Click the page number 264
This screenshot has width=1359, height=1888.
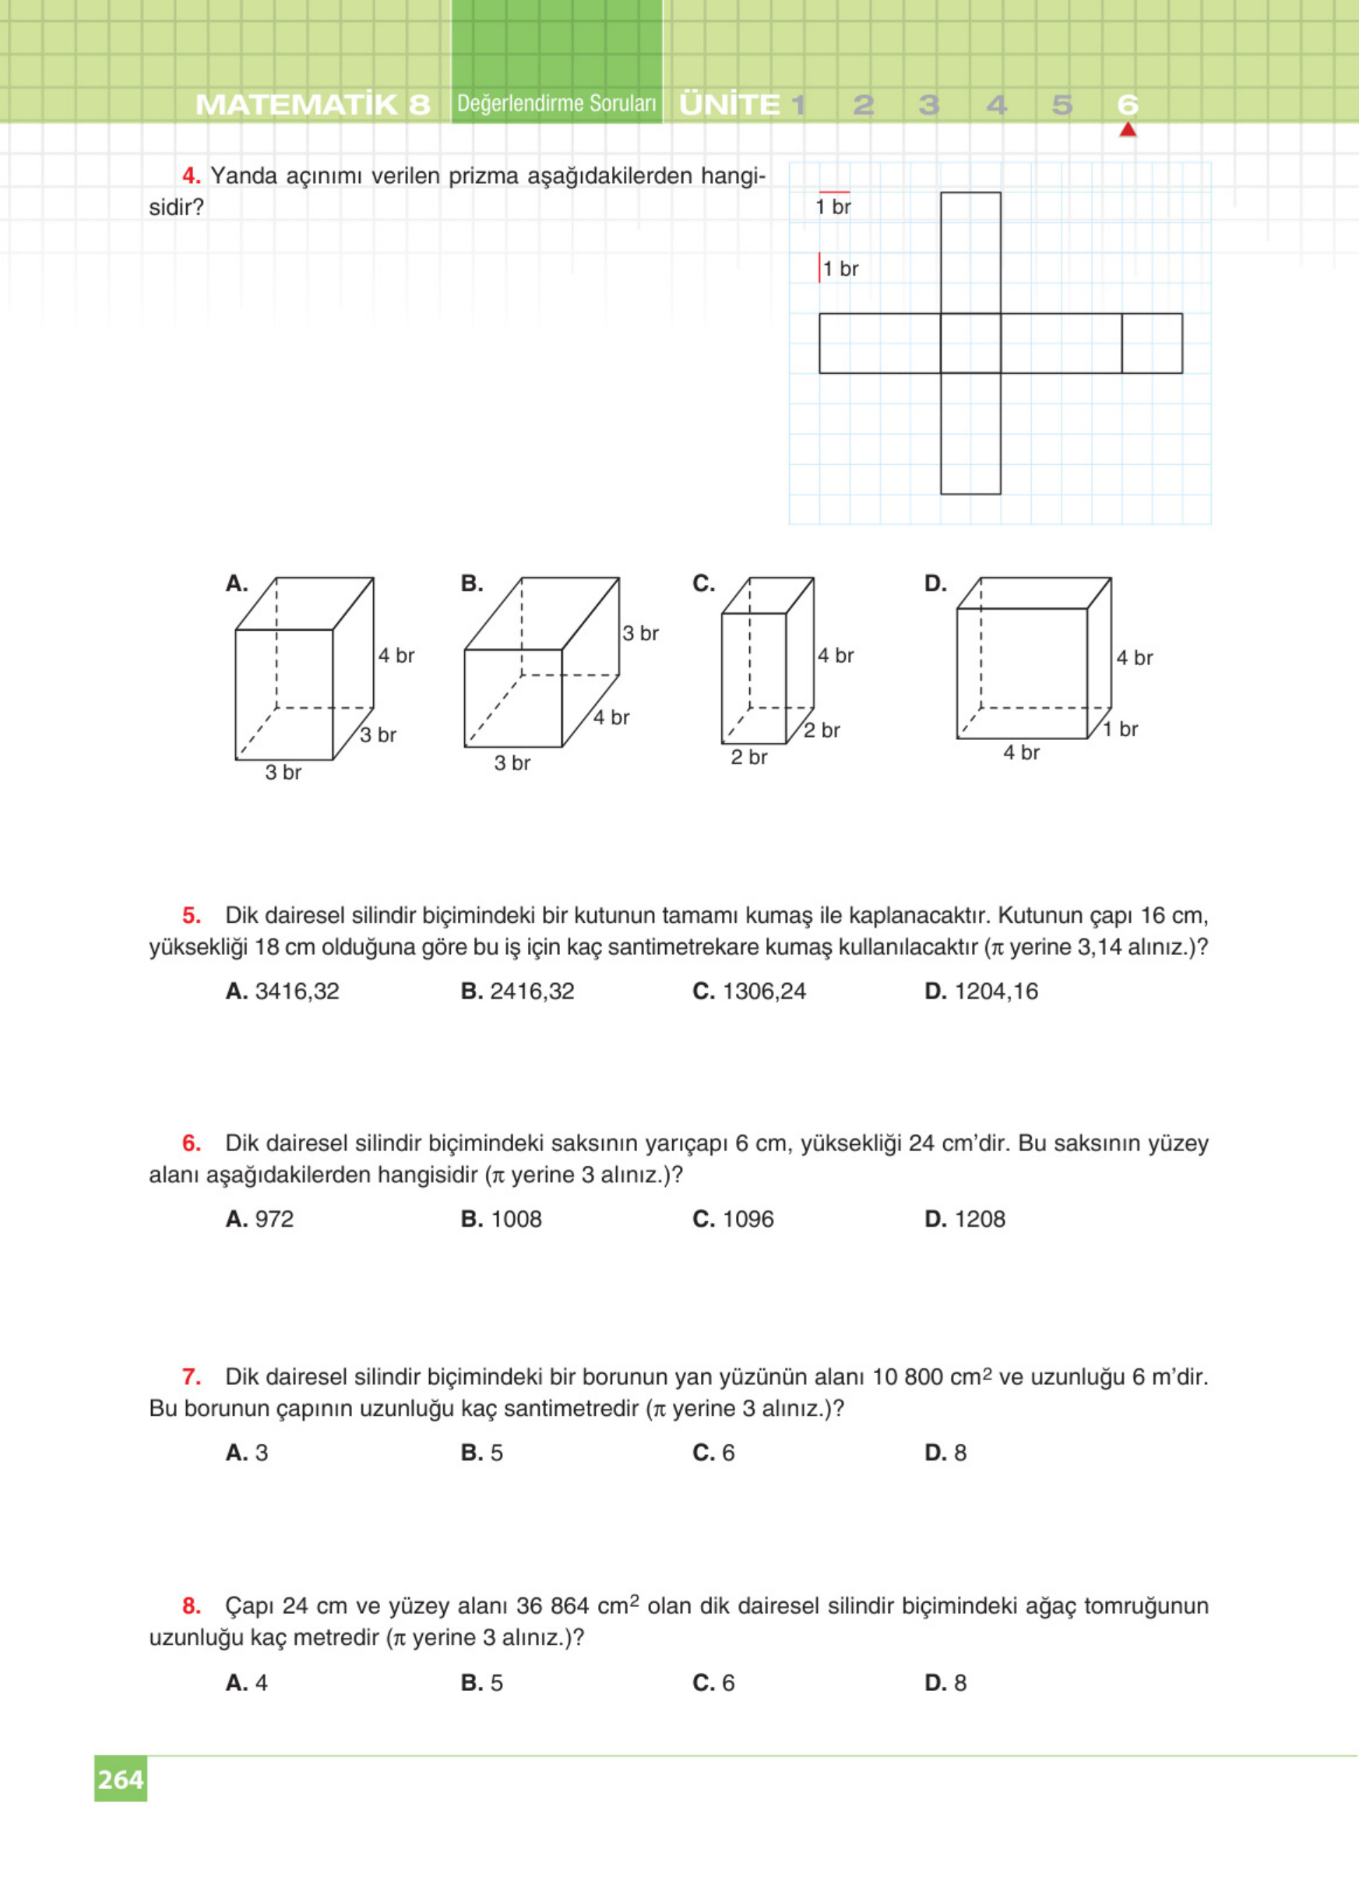(121, 1779)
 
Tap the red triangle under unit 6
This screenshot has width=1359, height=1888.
(1128, 130)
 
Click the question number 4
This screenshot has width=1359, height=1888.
(192, 176)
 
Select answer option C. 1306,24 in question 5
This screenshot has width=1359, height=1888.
(749, 991)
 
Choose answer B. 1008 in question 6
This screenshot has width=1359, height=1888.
(501, 1219)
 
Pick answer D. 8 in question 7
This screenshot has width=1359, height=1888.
(945, 1453)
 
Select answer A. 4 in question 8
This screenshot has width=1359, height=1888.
(246, 1682)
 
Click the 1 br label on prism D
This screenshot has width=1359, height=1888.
(1120, 729)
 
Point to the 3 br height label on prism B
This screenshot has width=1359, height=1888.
(641, 633)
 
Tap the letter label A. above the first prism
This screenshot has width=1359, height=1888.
(236, 583)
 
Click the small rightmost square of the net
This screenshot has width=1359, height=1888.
(1152, 343)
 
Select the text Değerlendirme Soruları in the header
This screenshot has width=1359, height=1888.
(557, 104)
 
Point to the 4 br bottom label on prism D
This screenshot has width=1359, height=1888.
(1021, 752)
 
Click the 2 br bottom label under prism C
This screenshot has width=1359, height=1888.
(749, 758)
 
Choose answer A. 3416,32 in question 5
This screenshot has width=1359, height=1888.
(282, 991)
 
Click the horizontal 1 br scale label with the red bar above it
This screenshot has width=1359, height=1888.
(833, 206)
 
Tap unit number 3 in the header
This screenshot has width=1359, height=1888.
(929, 105)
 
